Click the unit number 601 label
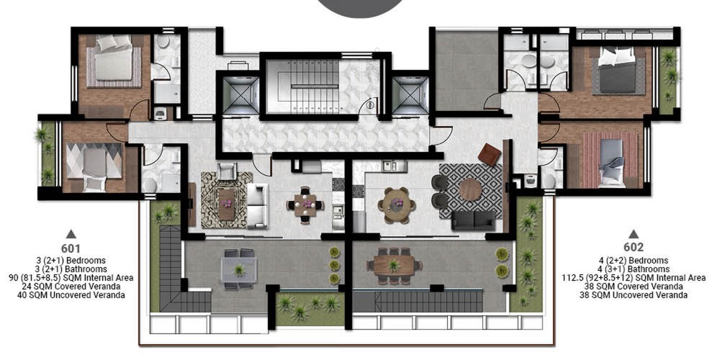pos(71,249)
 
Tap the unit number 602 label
pos(633,247)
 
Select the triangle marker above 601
pos(71,234)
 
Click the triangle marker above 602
pos(634,234)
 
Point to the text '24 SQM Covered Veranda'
pos(71,287)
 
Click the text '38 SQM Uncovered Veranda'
pos(634,294)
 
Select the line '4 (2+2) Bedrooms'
pos(634,261)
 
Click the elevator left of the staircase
pos(240,95)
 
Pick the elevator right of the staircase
pos(410,95)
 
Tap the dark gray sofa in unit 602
pos(474,220)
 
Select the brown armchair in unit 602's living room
pos(490,154)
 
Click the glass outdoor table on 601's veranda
pos(238,269)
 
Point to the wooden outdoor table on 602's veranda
pos(394,266)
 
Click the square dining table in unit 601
pos(305,205)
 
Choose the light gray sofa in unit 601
pos(257,205)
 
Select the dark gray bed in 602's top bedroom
pos(618,71)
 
